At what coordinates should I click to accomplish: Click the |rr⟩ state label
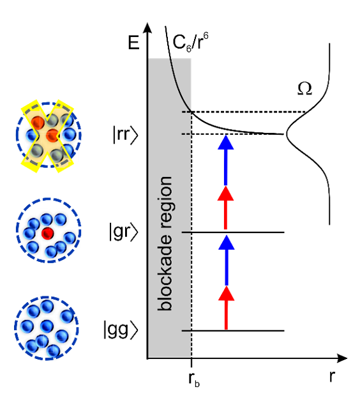point(126,135)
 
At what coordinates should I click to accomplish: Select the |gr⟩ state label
point(123,231)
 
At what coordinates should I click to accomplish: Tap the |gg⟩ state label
point(121,330)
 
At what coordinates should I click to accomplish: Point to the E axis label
point(133,42)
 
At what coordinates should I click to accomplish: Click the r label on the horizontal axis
point(332,376)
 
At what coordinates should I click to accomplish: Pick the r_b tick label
point(194,379)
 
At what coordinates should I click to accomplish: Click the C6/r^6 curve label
point(190,42)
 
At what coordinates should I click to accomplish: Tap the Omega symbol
point(304,89)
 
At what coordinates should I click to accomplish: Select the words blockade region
point(165,243)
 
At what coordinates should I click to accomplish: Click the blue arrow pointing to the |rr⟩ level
point(226,160)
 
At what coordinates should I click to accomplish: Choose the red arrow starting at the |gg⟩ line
point(226,308)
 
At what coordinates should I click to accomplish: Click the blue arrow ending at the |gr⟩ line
point(227,260)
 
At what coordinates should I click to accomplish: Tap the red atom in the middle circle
point(47,233)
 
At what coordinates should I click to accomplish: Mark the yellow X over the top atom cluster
point(47,136)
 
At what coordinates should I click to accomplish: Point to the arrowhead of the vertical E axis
point(147,27)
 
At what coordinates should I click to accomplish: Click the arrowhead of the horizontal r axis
point(342,358)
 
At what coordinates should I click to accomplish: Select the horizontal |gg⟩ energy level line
point(233,330)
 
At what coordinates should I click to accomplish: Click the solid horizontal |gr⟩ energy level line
point(233,232)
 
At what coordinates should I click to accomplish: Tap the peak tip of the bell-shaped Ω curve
point(287,134)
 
